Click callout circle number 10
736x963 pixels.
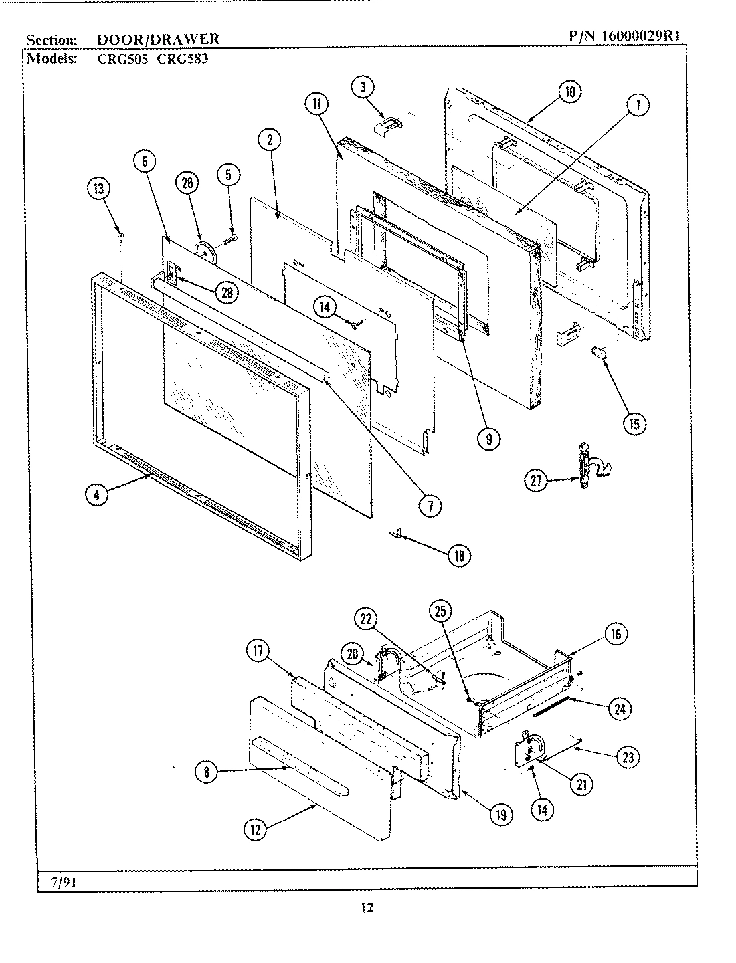[569, 92]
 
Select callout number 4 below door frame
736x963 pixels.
[97, 496]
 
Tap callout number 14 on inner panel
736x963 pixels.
[325, 308]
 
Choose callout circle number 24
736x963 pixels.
[619, 708]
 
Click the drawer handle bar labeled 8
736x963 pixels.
[301, 765]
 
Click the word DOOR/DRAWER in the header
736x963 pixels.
[158, 39]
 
